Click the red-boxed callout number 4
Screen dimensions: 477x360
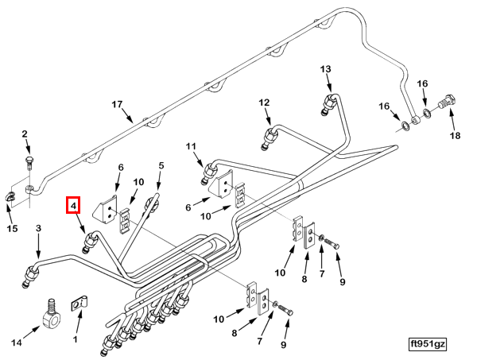pyautogui.click(x=73, y=206)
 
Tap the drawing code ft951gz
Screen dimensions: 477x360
pyautogui.click(x=429, y=344)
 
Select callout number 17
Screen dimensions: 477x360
pyautogui.click(x=117, y=105)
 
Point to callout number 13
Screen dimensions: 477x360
pyautogui.click(x=325, y=69)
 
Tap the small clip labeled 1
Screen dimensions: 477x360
pyautogui.click(x=79, y=303)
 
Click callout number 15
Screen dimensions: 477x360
pyautogui.click(x=12, y=228)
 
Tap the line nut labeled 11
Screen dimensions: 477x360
pyautogui.click(x=208, y=172)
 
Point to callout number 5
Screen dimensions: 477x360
pyautogui.click(x=161, y=166)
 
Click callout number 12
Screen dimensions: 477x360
pyautogui.click(x=264, y=103)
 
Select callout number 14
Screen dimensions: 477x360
pyautogui.click(x=17, y=343)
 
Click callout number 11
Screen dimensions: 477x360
pyautogui.click(x=191, y=146)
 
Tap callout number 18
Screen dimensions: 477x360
pyautogui.click(x=455, y=135)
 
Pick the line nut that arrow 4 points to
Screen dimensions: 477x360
pyautogui.click(x=90, y=242)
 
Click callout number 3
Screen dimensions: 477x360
pyautogui.click(x=38, y=228)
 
